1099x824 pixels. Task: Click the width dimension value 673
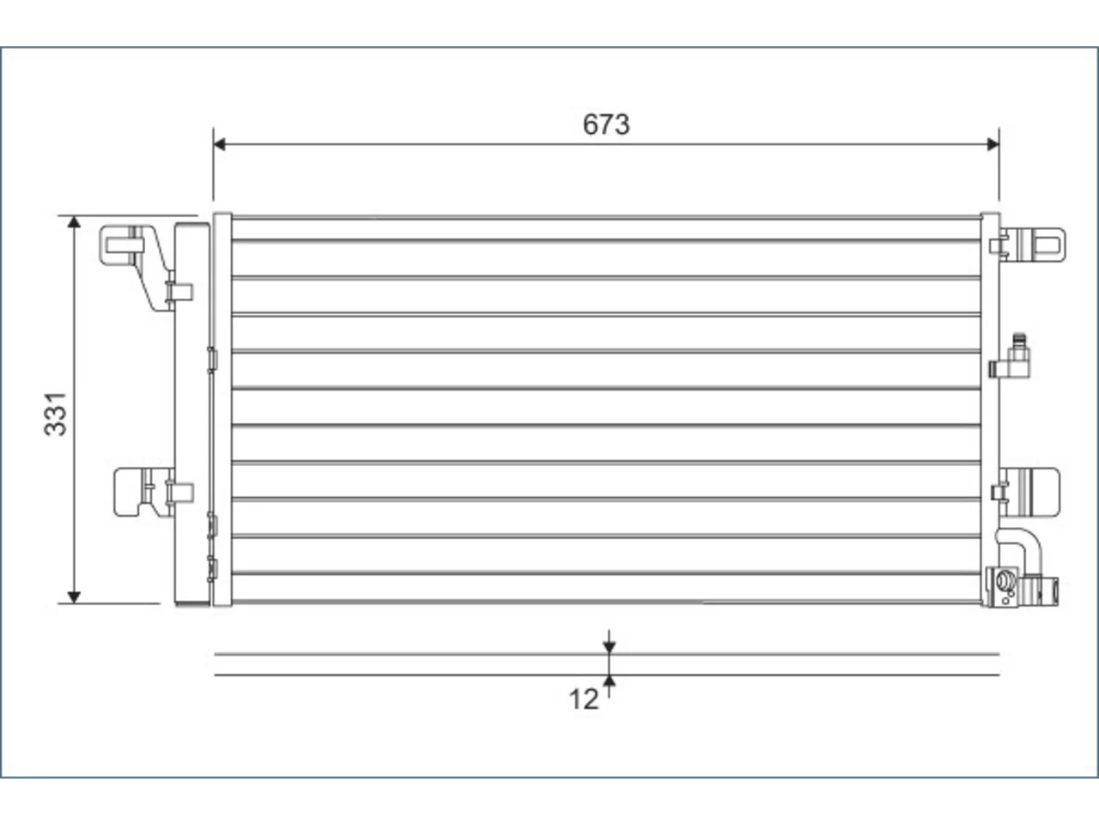tap(606, 124)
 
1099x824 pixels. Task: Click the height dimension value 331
tap(56, 415)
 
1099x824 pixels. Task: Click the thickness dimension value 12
tap(583, 700)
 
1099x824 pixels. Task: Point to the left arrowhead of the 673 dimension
tap(219, 144)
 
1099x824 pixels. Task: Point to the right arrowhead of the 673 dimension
tap(993, 144)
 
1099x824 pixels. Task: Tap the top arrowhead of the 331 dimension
tap(74, 222)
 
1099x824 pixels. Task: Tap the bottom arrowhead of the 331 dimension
tap(74, 597)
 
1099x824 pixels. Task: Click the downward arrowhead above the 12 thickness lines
tap(609, 647)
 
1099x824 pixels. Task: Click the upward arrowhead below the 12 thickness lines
tap(609, 681)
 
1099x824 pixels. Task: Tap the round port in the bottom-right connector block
tap(1004, 581)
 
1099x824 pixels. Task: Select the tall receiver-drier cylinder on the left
tap(192, 415)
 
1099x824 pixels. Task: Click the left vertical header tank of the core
tap(222, 409)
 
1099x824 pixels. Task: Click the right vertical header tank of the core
tap(990, 409)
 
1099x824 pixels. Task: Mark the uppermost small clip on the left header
tap(212, 360)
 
